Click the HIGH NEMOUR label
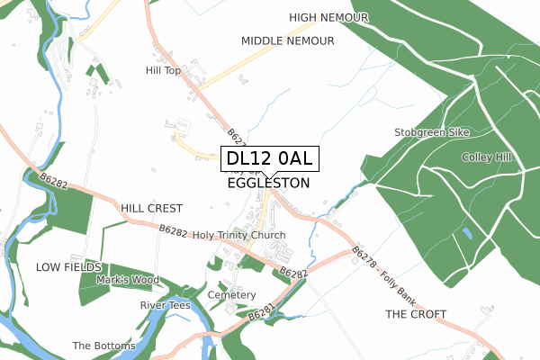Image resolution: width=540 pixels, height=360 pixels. [330, 17]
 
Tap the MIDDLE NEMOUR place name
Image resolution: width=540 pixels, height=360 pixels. [288, 40]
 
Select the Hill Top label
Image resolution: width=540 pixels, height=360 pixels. [164, 69]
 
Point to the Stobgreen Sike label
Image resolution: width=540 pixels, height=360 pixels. [432, 132]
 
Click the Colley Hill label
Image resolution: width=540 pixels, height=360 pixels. [486, 157]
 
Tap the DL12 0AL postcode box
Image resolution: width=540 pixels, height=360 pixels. [269, 159]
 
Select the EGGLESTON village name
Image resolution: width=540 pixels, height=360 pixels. [269, 183]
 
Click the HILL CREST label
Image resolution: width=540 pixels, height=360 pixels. [152, 208]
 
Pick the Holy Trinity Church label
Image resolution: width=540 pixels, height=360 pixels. [239, 236]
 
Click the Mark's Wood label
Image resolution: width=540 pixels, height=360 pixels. [128, 280]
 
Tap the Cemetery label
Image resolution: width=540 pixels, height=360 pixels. [231, 295]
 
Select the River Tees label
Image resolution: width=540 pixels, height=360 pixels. [166, 305]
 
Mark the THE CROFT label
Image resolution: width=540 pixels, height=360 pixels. [416, 314]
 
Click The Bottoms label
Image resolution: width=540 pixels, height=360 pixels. [103, 346]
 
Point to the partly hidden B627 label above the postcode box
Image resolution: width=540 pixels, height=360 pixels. [236, 137]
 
